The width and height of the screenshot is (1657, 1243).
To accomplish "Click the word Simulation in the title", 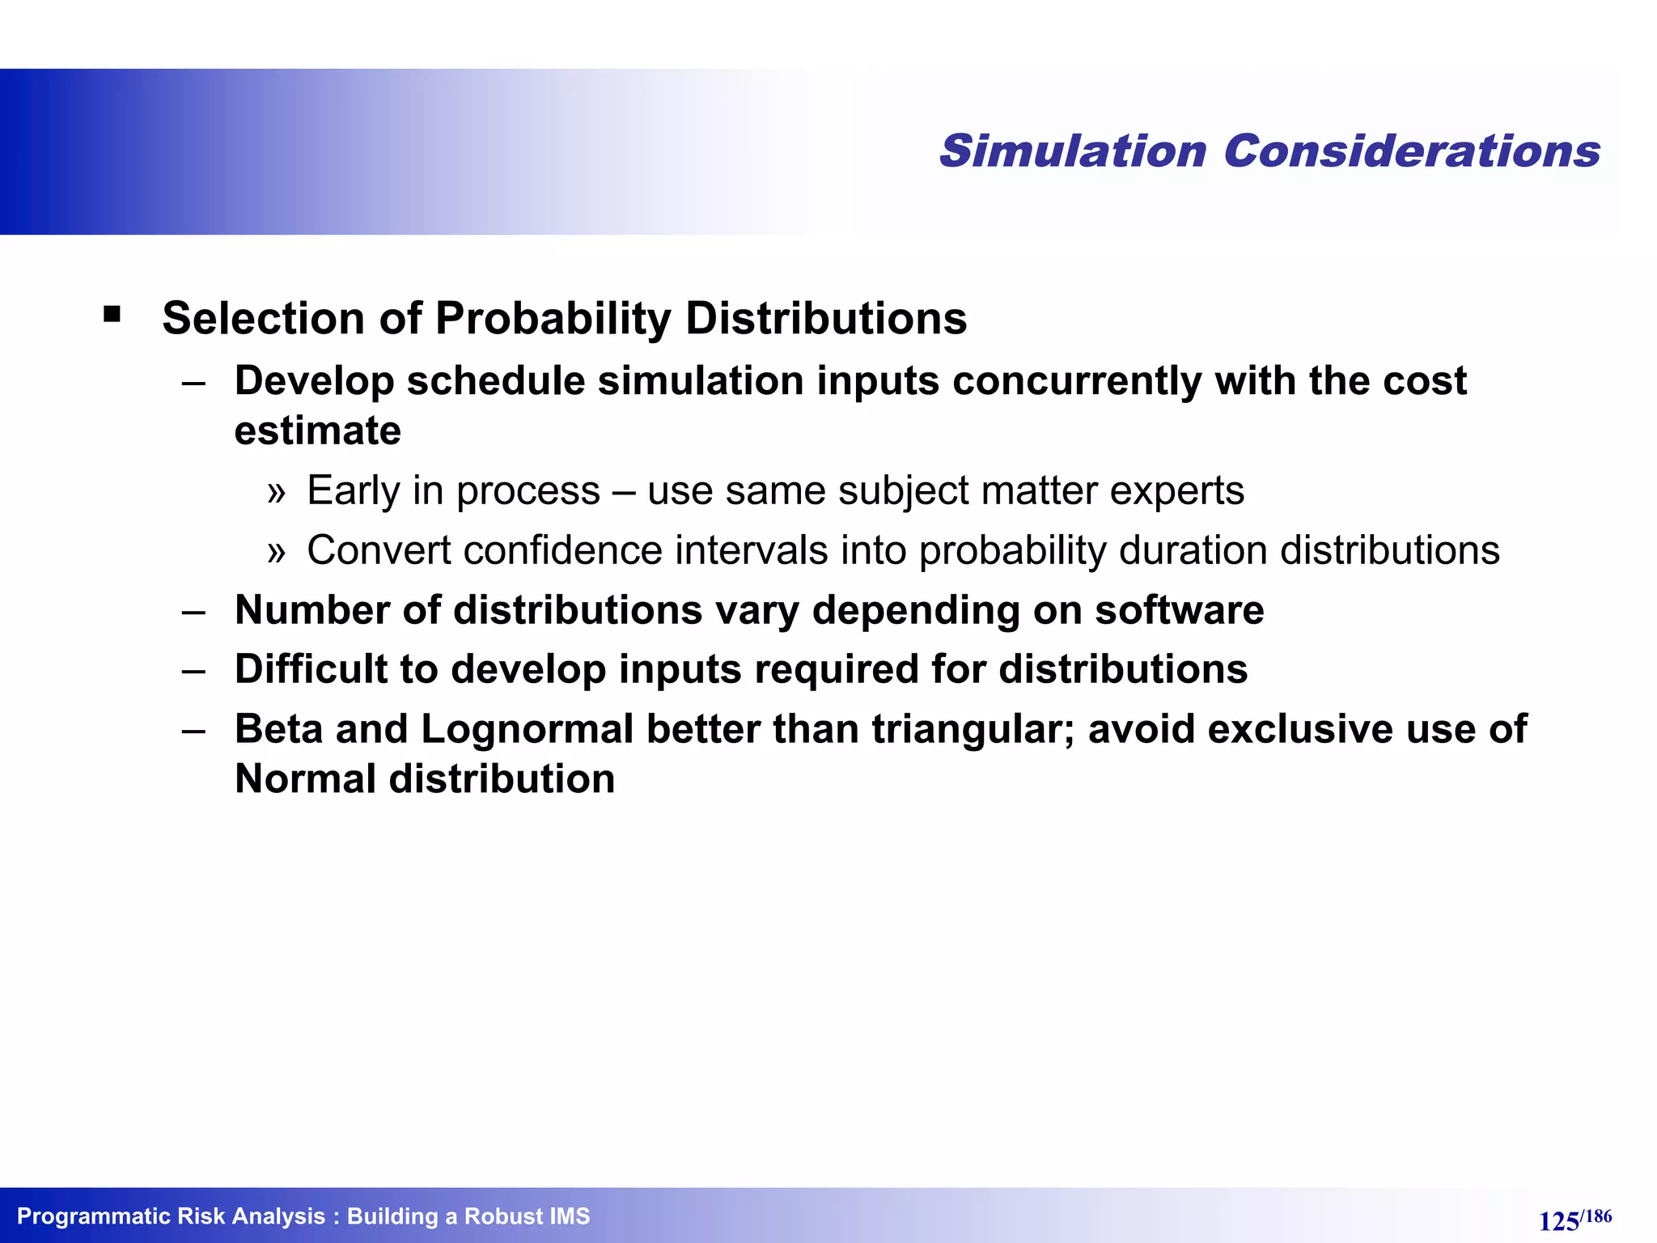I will [1073, 151].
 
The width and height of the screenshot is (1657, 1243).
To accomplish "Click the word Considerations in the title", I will [1411, 151].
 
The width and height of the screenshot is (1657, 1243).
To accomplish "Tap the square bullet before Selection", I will [112, 314].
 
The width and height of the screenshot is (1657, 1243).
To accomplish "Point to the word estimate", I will [317, 431].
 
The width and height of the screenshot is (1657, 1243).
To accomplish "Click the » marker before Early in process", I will [277, 492].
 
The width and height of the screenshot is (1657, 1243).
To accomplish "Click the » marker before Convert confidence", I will [277, 552].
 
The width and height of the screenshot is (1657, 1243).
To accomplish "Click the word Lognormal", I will [528, 729].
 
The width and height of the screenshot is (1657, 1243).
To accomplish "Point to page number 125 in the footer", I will [1558, 1221].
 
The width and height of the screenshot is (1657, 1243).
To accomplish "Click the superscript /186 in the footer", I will [1596, 1216].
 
